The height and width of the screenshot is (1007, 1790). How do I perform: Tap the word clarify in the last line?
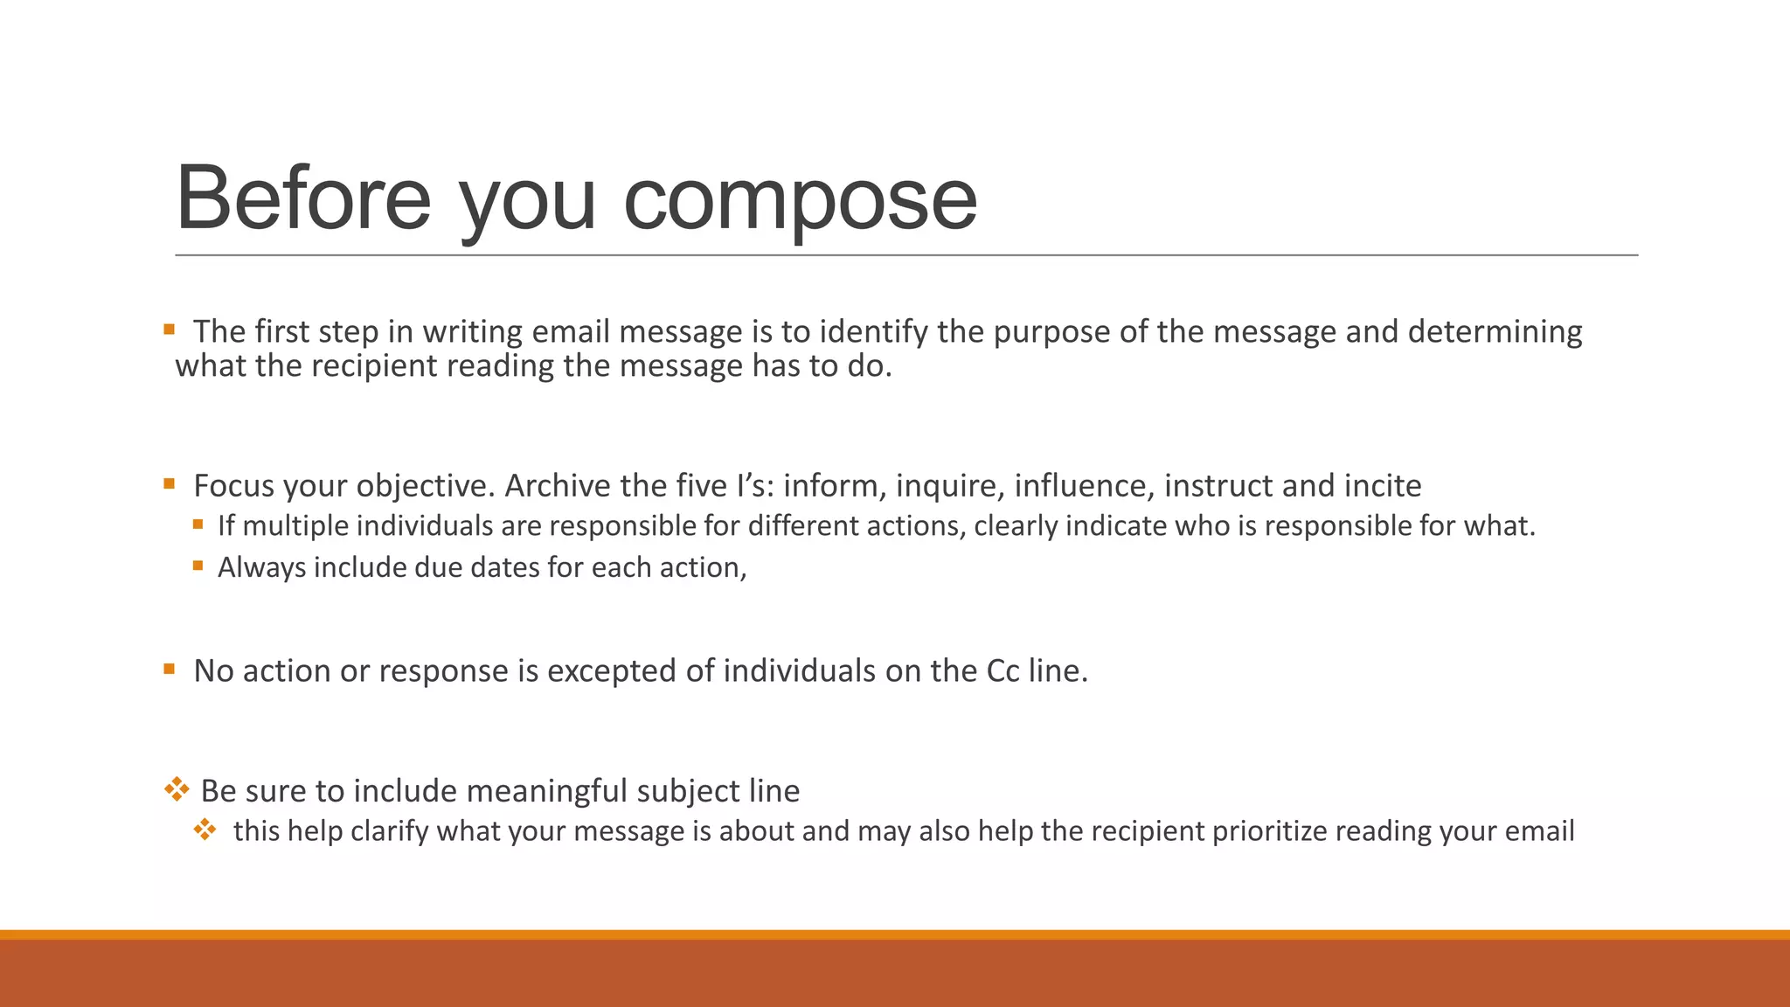pos(389,831)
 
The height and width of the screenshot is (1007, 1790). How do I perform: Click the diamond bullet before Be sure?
pos(177,789)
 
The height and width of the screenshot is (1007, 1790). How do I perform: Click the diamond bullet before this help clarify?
pos(205,830)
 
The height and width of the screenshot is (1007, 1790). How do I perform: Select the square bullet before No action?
pos(170,670)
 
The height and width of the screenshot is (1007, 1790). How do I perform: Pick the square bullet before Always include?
pos(198,566)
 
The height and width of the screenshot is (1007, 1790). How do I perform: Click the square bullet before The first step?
pos(170,330)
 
